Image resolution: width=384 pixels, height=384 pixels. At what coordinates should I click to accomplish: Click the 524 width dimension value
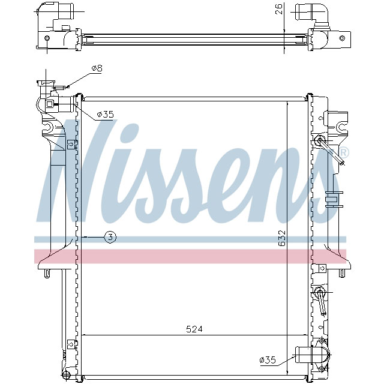pyautogui.click(x=194, y=329)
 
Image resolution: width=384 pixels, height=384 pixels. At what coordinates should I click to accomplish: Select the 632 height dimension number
pyautogui.click(x=282, y=241)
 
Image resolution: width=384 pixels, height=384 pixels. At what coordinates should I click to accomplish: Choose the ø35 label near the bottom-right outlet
pyautogui.click(x=268, y=360)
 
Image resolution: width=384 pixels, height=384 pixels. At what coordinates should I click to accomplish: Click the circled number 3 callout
pyautogui.click(x=110, y=237)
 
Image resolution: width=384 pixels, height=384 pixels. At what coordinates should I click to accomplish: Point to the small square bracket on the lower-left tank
pyautogui.click(x=71, y=344)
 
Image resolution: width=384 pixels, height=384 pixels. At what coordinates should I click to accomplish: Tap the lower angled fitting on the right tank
pyautogui.click(x=321, y=300)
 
